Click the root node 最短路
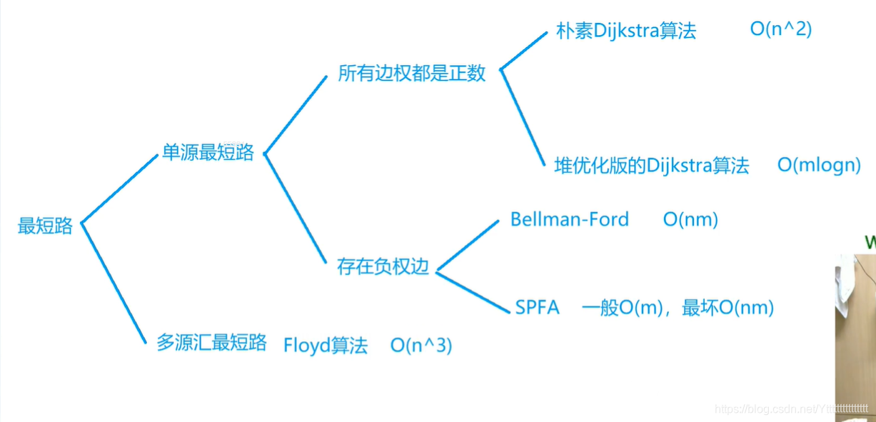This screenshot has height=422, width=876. tap(45, 226)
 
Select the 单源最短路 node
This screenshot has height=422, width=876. tap(208, 153)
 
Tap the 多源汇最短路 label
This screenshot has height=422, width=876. tap(211, 343)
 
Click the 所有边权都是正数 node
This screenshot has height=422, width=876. tap(411, 74)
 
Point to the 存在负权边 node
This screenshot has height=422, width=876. tap(383, 267)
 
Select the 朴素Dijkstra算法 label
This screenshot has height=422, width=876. tap(625, 31)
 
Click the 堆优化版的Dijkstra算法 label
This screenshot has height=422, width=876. tap(652, 166)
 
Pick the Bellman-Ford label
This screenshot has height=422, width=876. tap(569, 219)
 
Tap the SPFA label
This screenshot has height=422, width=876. tap(537, 308)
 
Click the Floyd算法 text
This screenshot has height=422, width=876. tap(326, 346)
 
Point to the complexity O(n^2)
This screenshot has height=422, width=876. tap(781, 29)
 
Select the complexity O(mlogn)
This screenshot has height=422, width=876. tap(819, 165)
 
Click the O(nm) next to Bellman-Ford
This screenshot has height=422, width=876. tap(690, 219)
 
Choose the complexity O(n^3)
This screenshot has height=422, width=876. tap(421, 346)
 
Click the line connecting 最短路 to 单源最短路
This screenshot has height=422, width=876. tap(119, 189)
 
